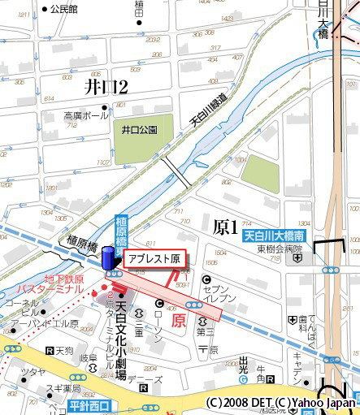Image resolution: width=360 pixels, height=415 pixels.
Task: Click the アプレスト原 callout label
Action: (153, 259)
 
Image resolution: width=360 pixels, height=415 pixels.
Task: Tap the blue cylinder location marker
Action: (107, 259)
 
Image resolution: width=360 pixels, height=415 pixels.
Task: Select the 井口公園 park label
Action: (138, 129)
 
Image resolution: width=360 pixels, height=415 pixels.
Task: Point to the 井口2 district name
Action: (106, 85)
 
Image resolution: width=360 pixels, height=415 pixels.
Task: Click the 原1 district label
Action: (225, 227)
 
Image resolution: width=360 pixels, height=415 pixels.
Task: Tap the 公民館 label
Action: (63, 10)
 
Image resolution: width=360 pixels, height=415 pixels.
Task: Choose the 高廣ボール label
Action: (86, 116)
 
